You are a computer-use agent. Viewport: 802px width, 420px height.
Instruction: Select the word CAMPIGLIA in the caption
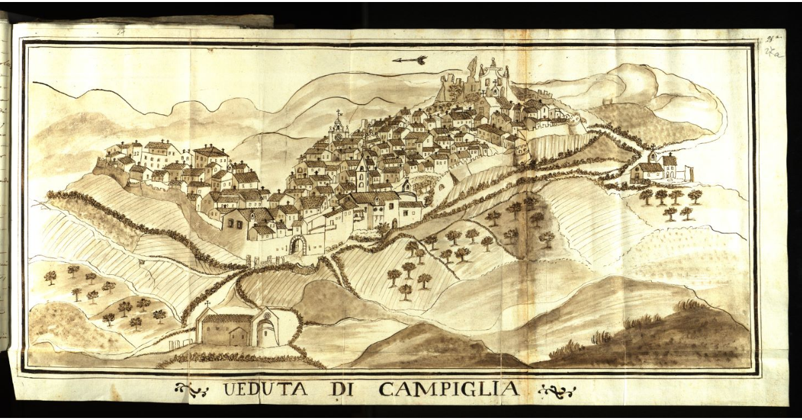point(448,389)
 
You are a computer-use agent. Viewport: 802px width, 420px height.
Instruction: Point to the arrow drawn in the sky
point(410,60)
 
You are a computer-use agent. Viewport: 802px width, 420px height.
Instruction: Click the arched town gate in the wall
point(297,245)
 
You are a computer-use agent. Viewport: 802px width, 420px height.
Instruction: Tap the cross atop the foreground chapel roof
point(207,304)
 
